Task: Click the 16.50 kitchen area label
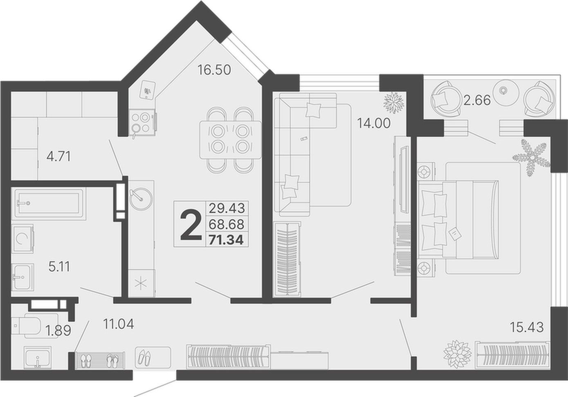coord(214,70)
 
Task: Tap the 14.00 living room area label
coord(374,123)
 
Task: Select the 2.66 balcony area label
coord(477,100)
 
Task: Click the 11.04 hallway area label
coord(119,324)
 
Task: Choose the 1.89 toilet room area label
coord(58,331)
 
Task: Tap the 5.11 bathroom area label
coord(59,267)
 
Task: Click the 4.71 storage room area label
coord(58,156)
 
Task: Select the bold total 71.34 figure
coord(226,240)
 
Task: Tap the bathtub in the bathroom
coord(49,203)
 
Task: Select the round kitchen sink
coord(141,199)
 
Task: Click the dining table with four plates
coord(230,140)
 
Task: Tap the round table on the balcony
coord(505,92)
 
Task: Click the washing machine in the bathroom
coord(23,239)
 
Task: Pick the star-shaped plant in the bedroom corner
coord(532,158)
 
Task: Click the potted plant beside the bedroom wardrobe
coord(458,354)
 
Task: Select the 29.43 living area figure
coord(227,208)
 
